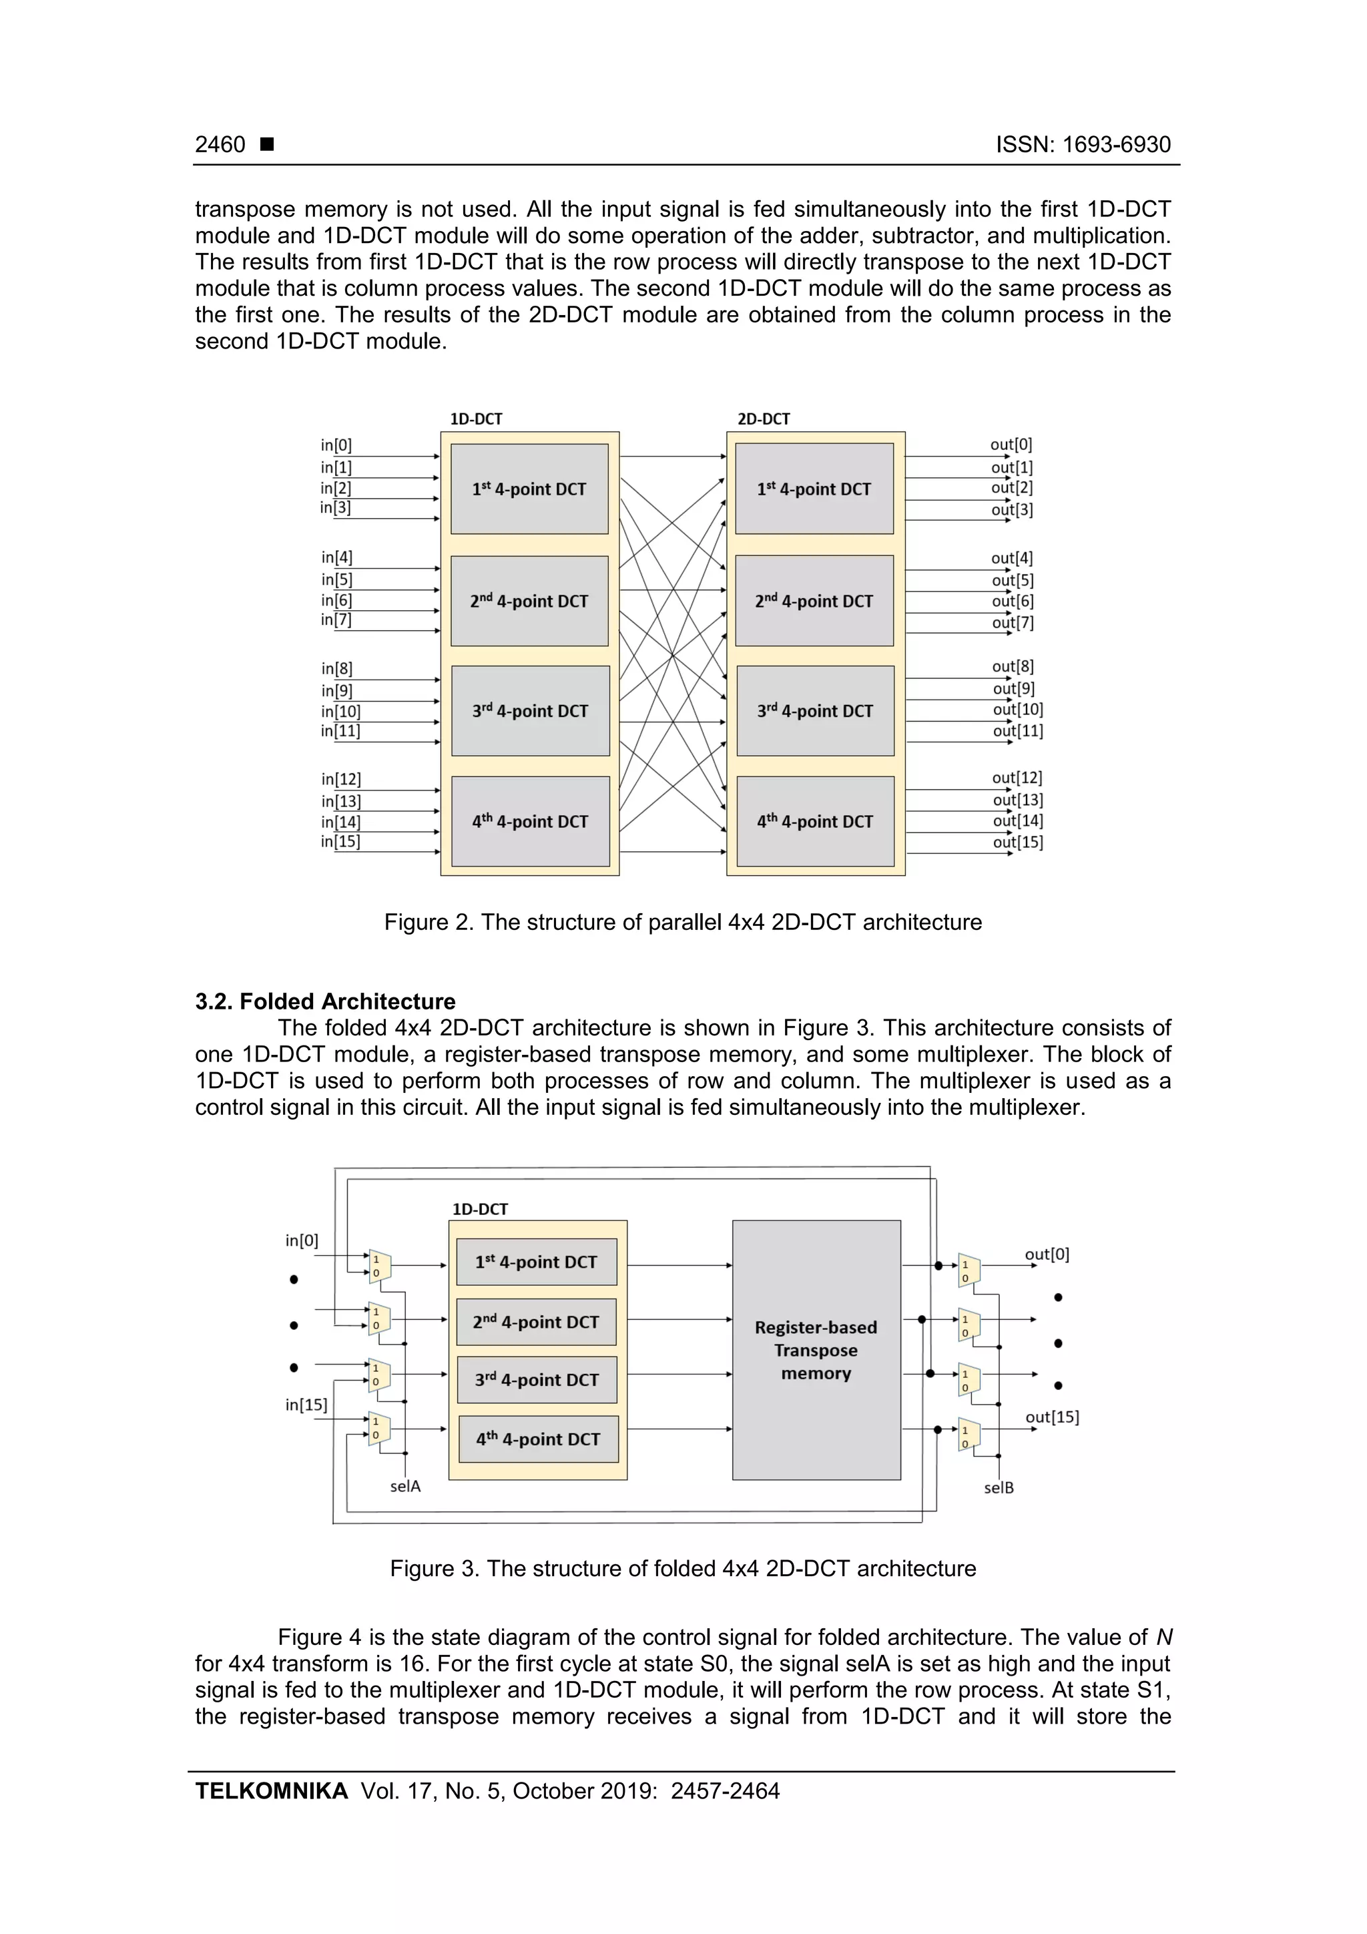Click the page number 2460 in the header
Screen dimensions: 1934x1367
pyautogui.click(x=220, y=145)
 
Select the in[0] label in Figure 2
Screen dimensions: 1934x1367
pyautogui.click(x=336, y=445)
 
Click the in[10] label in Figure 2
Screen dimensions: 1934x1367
pyautogui.click(x=340, y=711)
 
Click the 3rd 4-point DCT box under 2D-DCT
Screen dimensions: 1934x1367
pyautogui.click(x=814, y=711)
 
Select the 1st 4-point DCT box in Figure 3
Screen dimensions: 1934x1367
pyautogui.click(x=537, y=1262)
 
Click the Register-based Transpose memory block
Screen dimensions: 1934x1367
pyautogui.click(x=815, y=1351)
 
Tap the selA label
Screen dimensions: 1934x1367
pyautogui.click(x=405, y=1487)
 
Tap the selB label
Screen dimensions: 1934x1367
pyautogui.click(x=999, y=1489)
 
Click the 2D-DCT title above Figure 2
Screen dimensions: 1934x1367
pyautogui.click(x=763, y=419)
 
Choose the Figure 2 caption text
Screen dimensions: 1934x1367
pyautogui.click(x=682, y=923)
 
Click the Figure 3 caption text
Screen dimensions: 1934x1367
pyautogui.click(x=682, y=1568)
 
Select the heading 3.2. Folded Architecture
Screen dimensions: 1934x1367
pyautogui.click(x=325, y=1001)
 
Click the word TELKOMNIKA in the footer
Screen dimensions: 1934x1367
pyautogui.click(x=271, y=1792)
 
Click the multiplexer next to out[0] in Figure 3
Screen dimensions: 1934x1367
pyautogui.click(x=969, y=1271)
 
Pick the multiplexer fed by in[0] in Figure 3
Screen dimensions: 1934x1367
pyautogui.click(x=379, y=1266)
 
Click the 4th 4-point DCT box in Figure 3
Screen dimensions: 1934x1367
pyautogui.click(x=537, y=1439)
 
